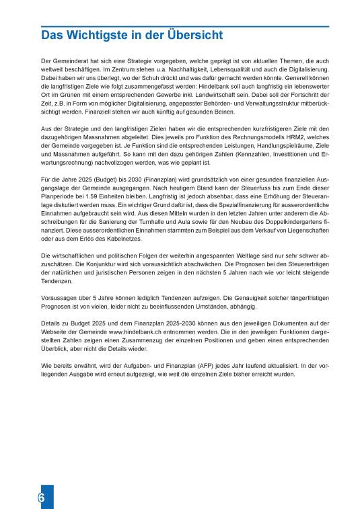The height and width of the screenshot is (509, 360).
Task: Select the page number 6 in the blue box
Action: coord(42,498)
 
